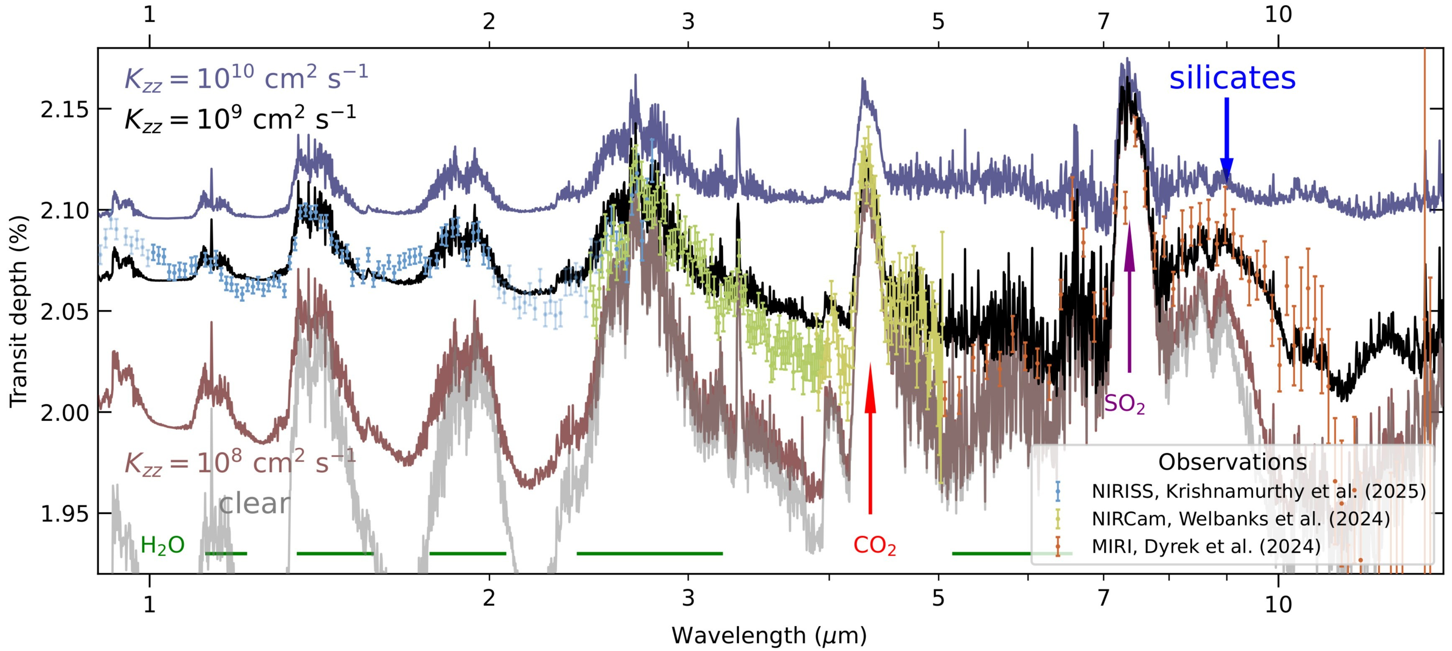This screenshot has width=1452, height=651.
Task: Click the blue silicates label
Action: tap(1232, 78)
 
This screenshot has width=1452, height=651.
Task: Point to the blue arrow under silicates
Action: tap(1227, 141)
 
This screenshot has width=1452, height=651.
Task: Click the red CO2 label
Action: tap(874, 545)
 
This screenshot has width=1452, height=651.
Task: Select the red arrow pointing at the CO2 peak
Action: tap(870, 439)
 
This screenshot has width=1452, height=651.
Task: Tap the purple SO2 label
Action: tap(1124, 404)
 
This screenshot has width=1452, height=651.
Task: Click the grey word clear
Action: tap(254, 503)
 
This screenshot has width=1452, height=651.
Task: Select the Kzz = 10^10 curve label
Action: tap(246, 78)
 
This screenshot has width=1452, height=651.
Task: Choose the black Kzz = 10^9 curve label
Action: tap(240, 119)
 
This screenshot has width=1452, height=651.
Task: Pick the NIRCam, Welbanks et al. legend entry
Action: tap(1240, 518)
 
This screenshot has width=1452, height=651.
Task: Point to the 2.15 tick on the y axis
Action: tap(65, 109)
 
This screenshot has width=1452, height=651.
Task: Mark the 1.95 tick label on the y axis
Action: tap(65, 513)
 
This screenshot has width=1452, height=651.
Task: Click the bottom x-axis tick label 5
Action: tap(937, 598)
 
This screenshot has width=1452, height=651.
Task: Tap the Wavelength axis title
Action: tap(769, 635)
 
